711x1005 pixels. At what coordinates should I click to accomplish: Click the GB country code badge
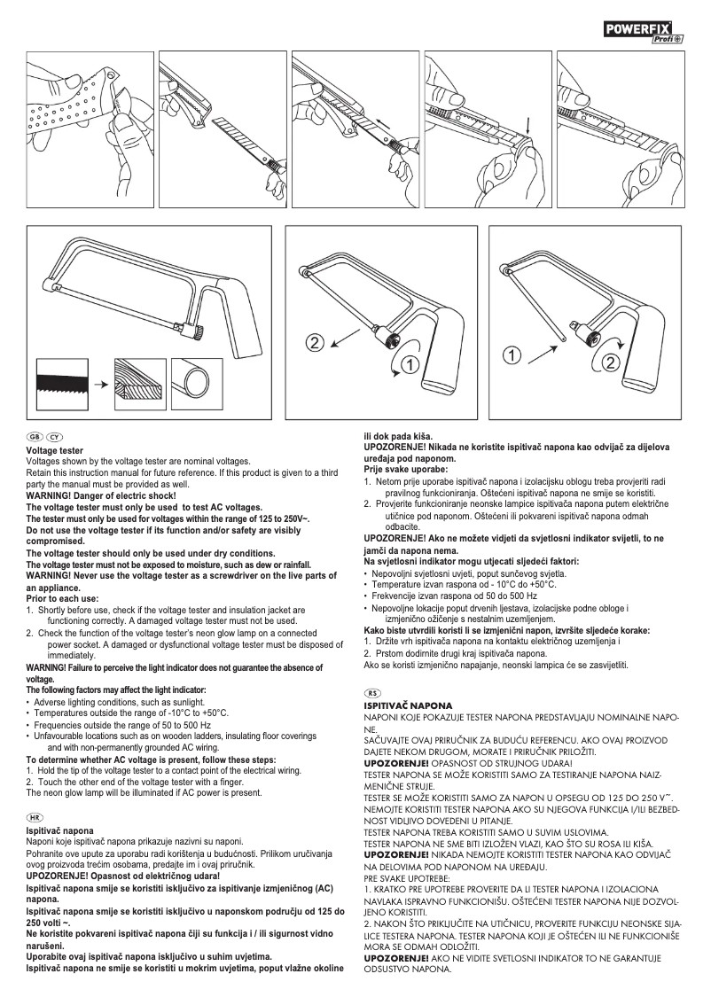pos(35,438)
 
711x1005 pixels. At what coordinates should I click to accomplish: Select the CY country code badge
pos(55,438)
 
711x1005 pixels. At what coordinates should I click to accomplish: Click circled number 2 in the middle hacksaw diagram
pos(316,342)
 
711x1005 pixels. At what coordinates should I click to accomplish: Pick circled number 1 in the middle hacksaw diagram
pos(409,363)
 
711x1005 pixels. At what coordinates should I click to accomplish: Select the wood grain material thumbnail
pos(139,381)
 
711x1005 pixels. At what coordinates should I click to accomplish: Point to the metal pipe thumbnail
pos(199,381)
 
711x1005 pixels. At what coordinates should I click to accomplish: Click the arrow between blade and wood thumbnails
pos(101,383)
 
